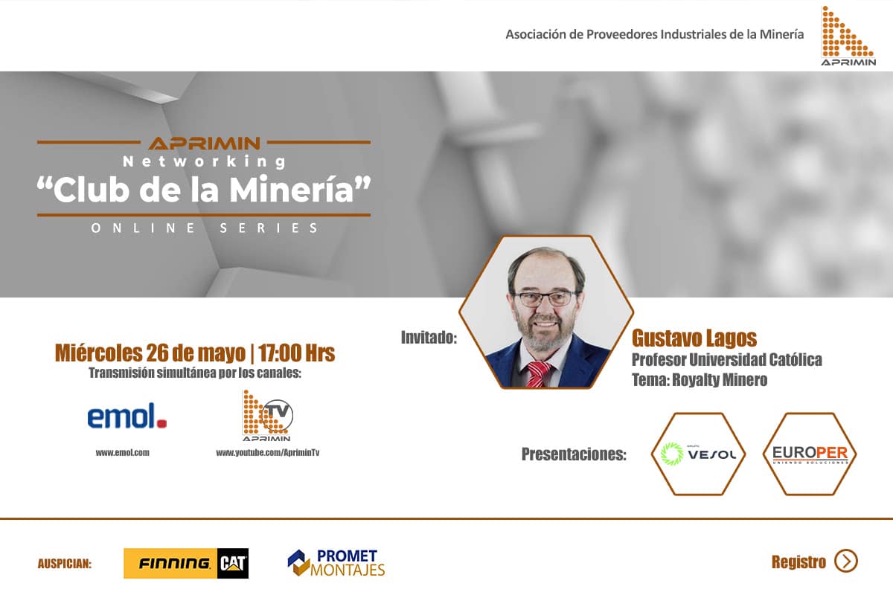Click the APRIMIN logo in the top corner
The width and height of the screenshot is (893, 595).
(x=848, y=36)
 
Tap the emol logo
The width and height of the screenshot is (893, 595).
(x=127, y=416)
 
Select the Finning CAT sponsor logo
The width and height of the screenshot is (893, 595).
(x=186, y=563)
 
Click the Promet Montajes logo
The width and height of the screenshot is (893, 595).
(x=336, y=563)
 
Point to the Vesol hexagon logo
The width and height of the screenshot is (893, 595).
(x=698, y=454)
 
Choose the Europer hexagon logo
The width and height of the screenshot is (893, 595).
(x=810, y=454)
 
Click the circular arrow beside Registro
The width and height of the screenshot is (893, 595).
(x=846, y=561)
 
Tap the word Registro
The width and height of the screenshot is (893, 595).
(x=798, y=562)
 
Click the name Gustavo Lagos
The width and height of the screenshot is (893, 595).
(x=694, y=338)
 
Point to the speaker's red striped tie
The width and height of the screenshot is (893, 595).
(x=539, y=374)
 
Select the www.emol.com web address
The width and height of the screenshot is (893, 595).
(x=122, y=452)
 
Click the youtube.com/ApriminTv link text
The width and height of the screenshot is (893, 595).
(x=267, y=452)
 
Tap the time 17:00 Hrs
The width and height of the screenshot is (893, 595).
(x=297, y=353)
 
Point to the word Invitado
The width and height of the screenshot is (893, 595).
(x=429, y=338)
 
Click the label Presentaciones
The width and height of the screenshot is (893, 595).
(x=574, y=454)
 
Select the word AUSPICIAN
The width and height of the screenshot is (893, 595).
(x=65, y=564)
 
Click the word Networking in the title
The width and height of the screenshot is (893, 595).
(x=205, y=161)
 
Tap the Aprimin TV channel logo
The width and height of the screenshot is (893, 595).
(x=268, y=416)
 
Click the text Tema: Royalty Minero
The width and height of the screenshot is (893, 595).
(x=700, y=380)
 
